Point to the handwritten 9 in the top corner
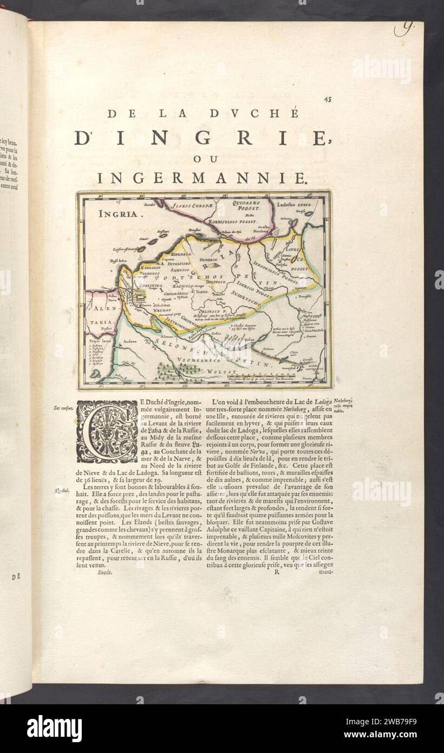coord(401,30)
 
